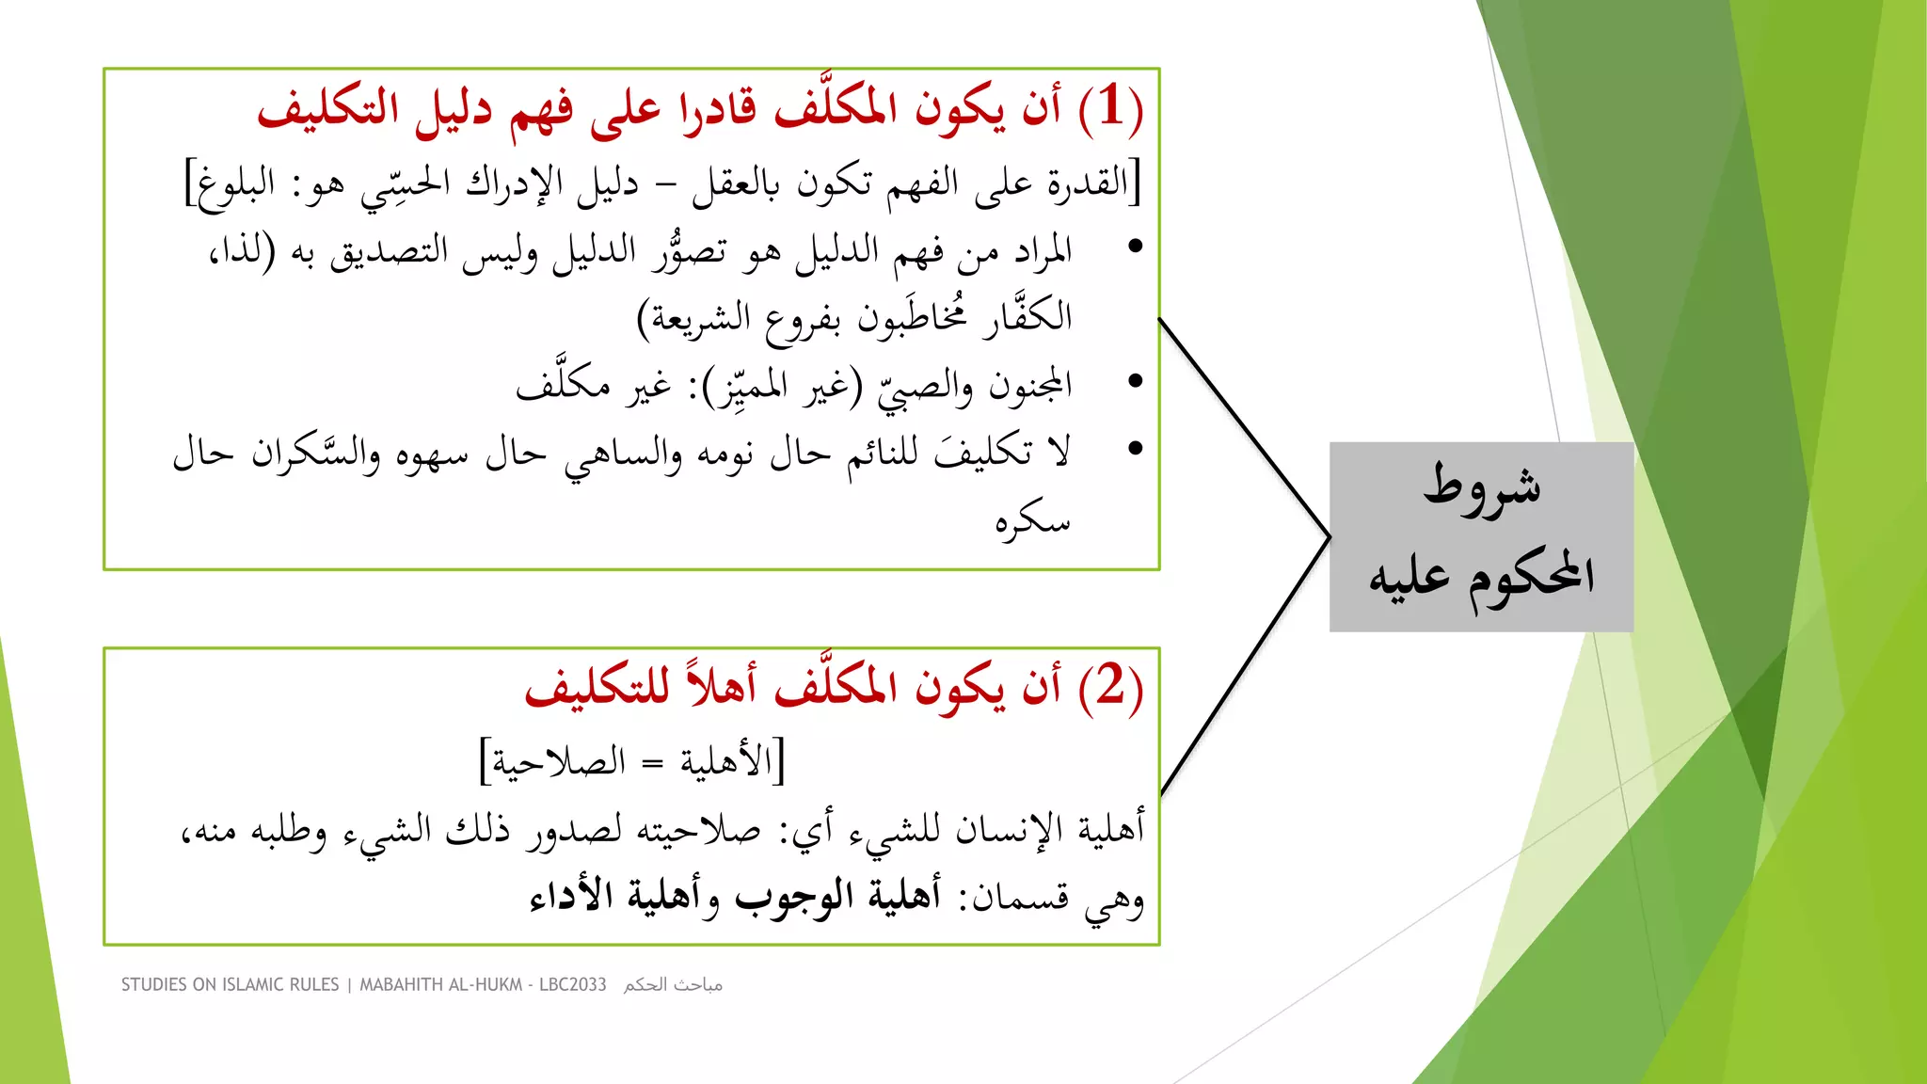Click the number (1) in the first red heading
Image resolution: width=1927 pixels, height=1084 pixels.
click(1111, 107)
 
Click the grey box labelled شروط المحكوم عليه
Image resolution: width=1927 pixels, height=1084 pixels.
click(1481, 536)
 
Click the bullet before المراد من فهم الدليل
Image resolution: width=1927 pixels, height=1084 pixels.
click(1136, 247)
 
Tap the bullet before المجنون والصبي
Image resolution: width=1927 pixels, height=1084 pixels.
click(1136, 381)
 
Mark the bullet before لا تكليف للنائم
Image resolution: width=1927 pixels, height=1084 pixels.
click(1136, 449)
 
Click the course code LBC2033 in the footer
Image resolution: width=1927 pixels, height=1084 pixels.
click(572, 984)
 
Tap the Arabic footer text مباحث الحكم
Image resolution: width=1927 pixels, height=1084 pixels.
click(673, 984)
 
